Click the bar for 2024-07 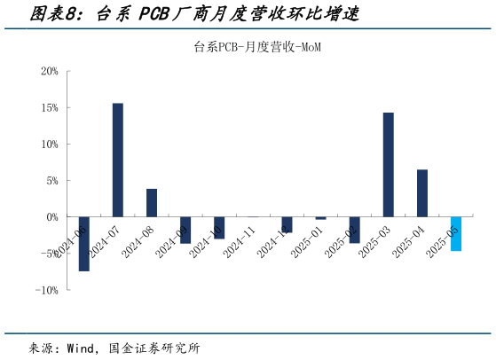point(118,160)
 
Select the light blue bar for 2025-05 point(456,233)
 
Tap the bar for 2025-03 point(389,165)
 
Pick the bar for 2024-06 point(84,243)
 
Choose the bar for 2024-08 point(152,203)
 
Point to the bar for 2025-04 point(422,193)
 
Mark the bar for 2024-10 point(219,227)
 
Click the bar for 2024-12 point(287,224)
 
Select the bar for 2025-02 point(355,229)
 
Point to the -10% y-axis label point(47,289)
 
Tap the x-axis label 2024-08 point(138,241)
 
